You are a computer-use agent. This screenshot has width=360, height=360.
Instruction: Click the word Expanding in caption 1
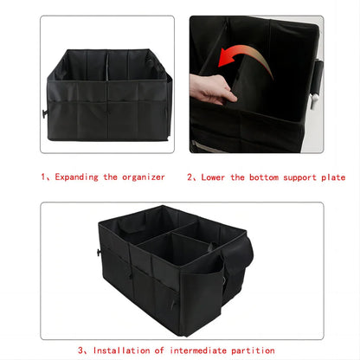[x=78, y=177]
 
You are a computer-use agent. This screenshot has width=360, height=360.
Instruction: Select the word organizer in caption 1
[x=144, y=177]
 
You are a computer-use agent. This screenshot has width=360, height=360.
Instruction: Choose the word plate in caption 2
[x=331, y=177]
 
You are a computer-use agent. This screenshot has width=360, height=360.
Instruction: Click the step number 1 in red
[x=43, y=177]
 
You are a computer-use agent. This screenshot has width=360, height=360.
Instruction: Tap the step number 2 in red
[x=190, y=177]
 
